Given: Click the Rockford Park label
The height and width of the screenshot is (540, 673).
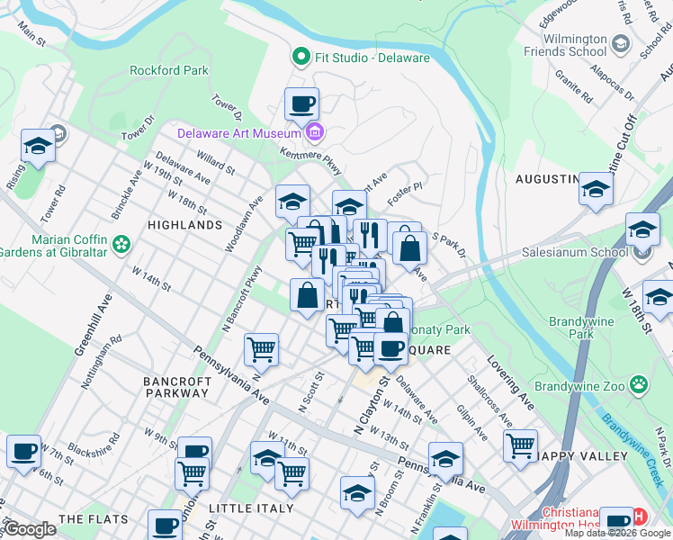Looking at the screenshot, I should click(169, 70).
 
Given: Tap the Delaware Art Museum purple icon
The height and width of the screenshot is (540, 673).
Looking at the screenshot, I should click(314, 134).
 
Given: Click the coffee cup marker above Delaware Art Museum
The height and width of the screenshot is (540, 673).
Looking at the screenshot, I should click(301, 103).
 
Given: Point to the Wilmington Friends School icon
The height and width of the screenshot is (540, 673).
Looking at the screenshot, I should click(621, 42).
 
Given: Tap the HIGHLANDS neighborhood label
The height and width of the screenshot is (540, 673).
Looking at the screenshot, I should click(184, 225).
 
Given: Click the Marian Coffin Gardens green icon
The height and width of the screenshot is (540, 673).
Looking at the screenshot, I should click(121, 244).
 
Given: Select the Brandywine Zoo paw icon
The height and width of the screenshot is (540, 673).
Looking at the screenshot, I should click(639, 384).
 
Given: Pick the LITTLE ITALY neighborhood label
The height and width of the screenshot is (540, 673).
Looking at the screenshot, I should click(251, 508).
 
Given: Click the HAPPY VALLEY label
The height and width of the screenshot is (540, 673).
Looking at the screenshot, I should click(583, 456).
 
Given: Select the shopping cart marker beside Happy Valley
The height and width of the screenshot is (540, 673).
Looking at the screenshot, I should click(520, 445).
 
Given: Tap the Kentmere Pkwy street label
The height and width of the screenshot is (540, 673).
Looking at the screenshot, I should click(310, 162).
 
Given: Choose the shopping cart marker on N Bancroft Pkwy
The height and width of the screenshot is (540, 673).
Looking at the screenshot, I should click(261, 348).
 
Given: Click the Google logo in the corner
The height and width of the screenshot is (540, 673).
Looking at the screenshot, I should click(31, 529).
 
